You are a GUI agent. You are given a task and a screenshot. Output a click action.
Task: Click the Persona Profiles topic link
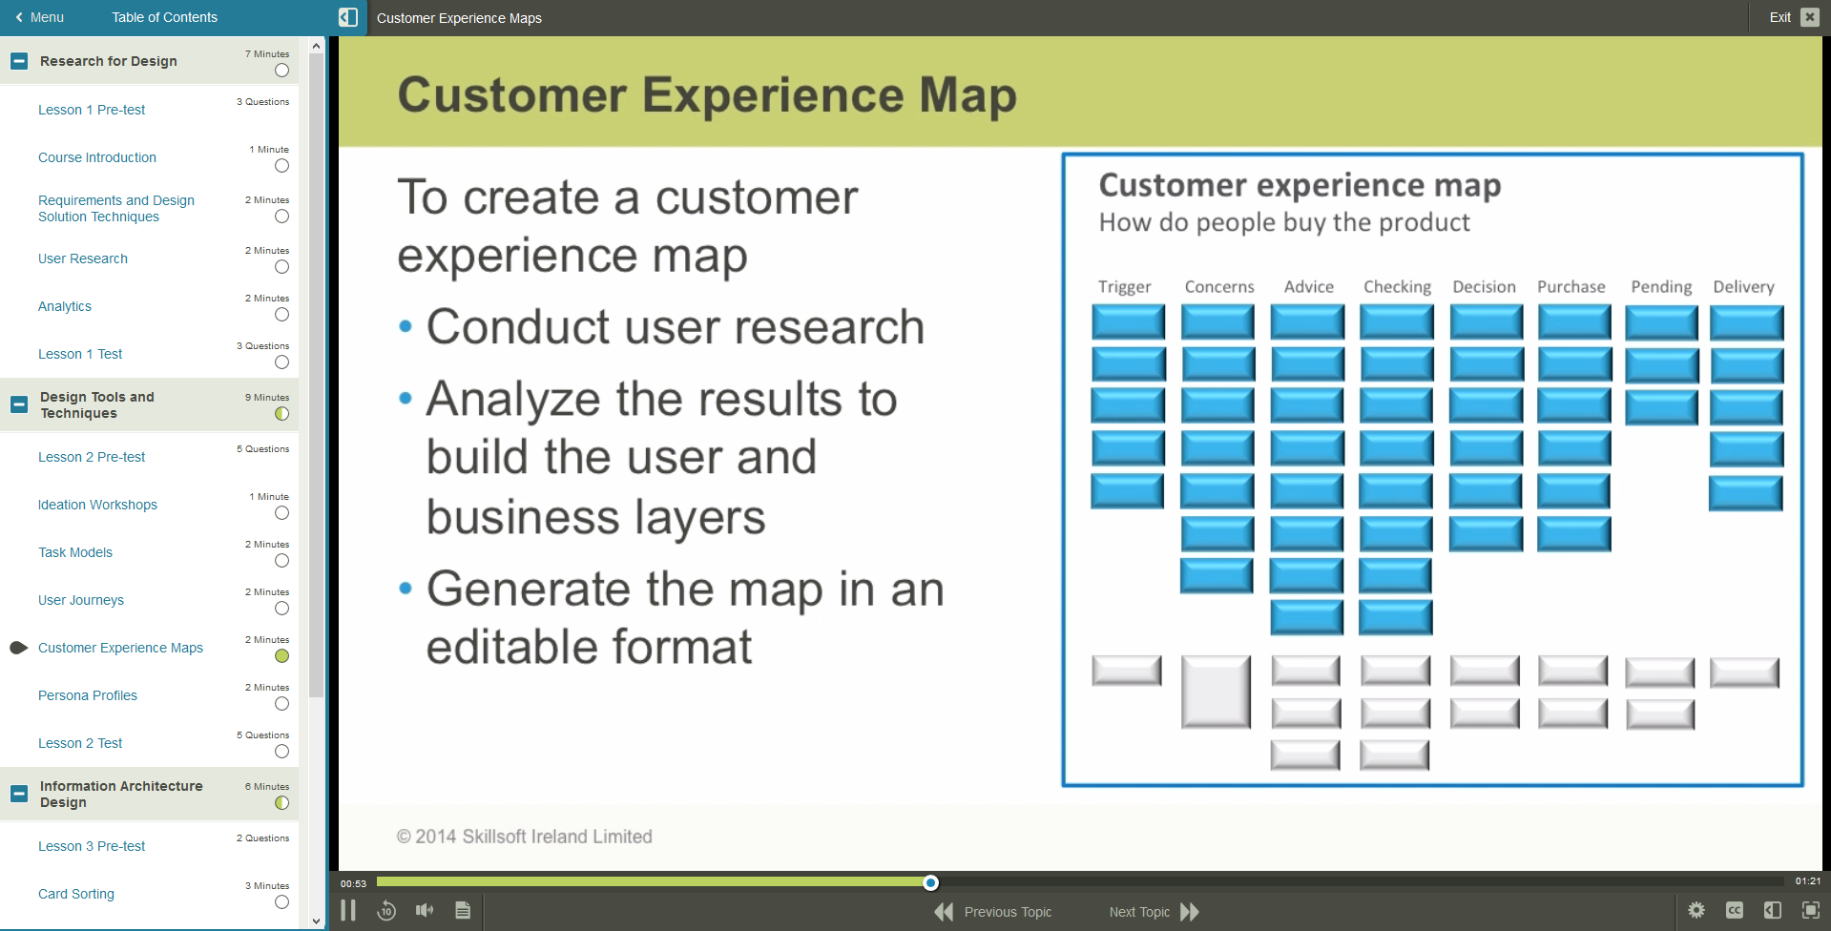coord(88,695)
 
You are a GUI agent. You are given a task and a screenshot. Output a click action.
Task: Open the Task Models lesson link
coord(75,552)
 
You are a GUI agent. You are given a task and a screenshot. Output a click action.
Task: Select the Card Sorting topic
coord(76,894)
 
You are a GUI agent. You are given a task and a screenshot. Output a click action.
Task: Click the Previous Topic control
coord(994,912)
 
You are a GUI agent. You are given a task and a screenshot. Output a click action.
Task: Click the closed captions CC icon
coord(1734,910)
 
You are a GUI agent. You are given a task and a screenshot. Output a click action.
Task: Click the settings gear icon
coord(1696,910)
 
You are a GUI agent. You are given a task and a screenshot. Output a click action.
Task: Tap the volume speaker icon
coord(425,911)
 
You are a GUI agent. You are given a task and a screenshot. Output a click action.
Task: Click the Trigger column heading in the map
coord(1124,287)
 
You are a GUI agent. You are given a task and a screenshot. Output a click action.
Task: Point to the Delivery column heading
coord(1743,287)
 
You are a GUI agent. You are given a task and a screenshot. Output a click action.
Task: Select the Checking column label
coord(1397,287)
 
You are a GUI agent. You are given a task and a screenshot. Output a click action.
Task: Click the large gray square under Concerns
coord(1216,692)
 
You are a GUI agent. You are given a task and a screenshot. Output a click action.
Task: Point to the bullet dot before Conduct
coord(406,327)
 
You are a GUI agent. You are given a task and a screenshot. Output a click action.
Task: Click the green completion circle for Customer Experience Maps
coord(281,656)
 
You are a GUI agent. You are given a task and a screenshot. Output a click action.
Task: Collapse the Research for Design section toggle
coord(19,61)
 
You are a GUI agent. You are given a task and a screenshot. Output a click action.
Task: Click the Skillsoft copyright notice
coord(524,837)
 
